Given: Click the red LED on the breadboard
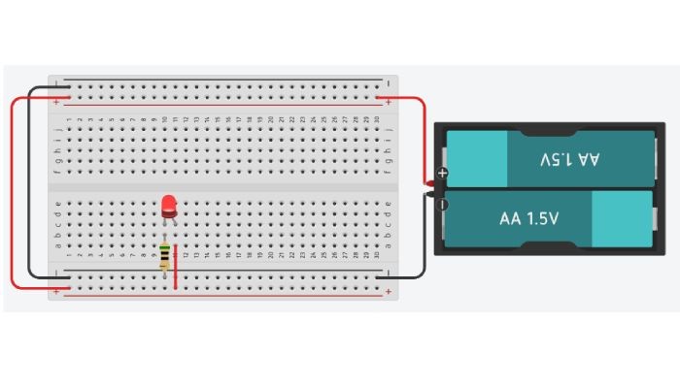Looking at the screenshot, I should tap(169, 205).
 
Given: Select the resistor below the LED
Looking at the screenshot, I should tap(165, 256).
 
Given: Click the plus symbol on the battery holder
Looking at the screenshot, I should tap(443, 174).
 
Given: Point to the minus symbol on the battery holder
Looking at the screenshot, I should tap(443, 205).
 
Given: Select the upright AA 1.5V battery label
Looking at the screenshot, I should tap(529, 219).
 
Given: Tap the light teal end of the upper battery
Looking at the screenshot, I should tap(477, 157).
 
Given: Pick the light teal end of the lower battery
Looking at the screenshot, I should tap(620, 218).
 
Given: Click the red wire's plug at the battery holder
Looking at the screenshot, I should tap(428, 181).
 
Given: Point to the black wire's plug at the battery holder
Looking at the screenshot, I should tap(428, 196).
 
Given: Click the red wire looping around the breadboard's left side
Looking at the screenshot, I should tap(13, 194).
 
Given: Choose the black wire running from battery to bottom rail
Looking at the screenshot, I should tap(425, 242).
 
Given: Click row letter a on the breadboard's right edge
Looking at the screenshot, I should tap(389, 245).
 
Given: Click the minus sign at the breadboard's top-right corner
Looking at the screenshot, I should tap(389, 83).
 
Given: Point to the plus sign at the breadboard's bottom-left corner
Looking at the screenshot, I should tap(56, 290).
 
